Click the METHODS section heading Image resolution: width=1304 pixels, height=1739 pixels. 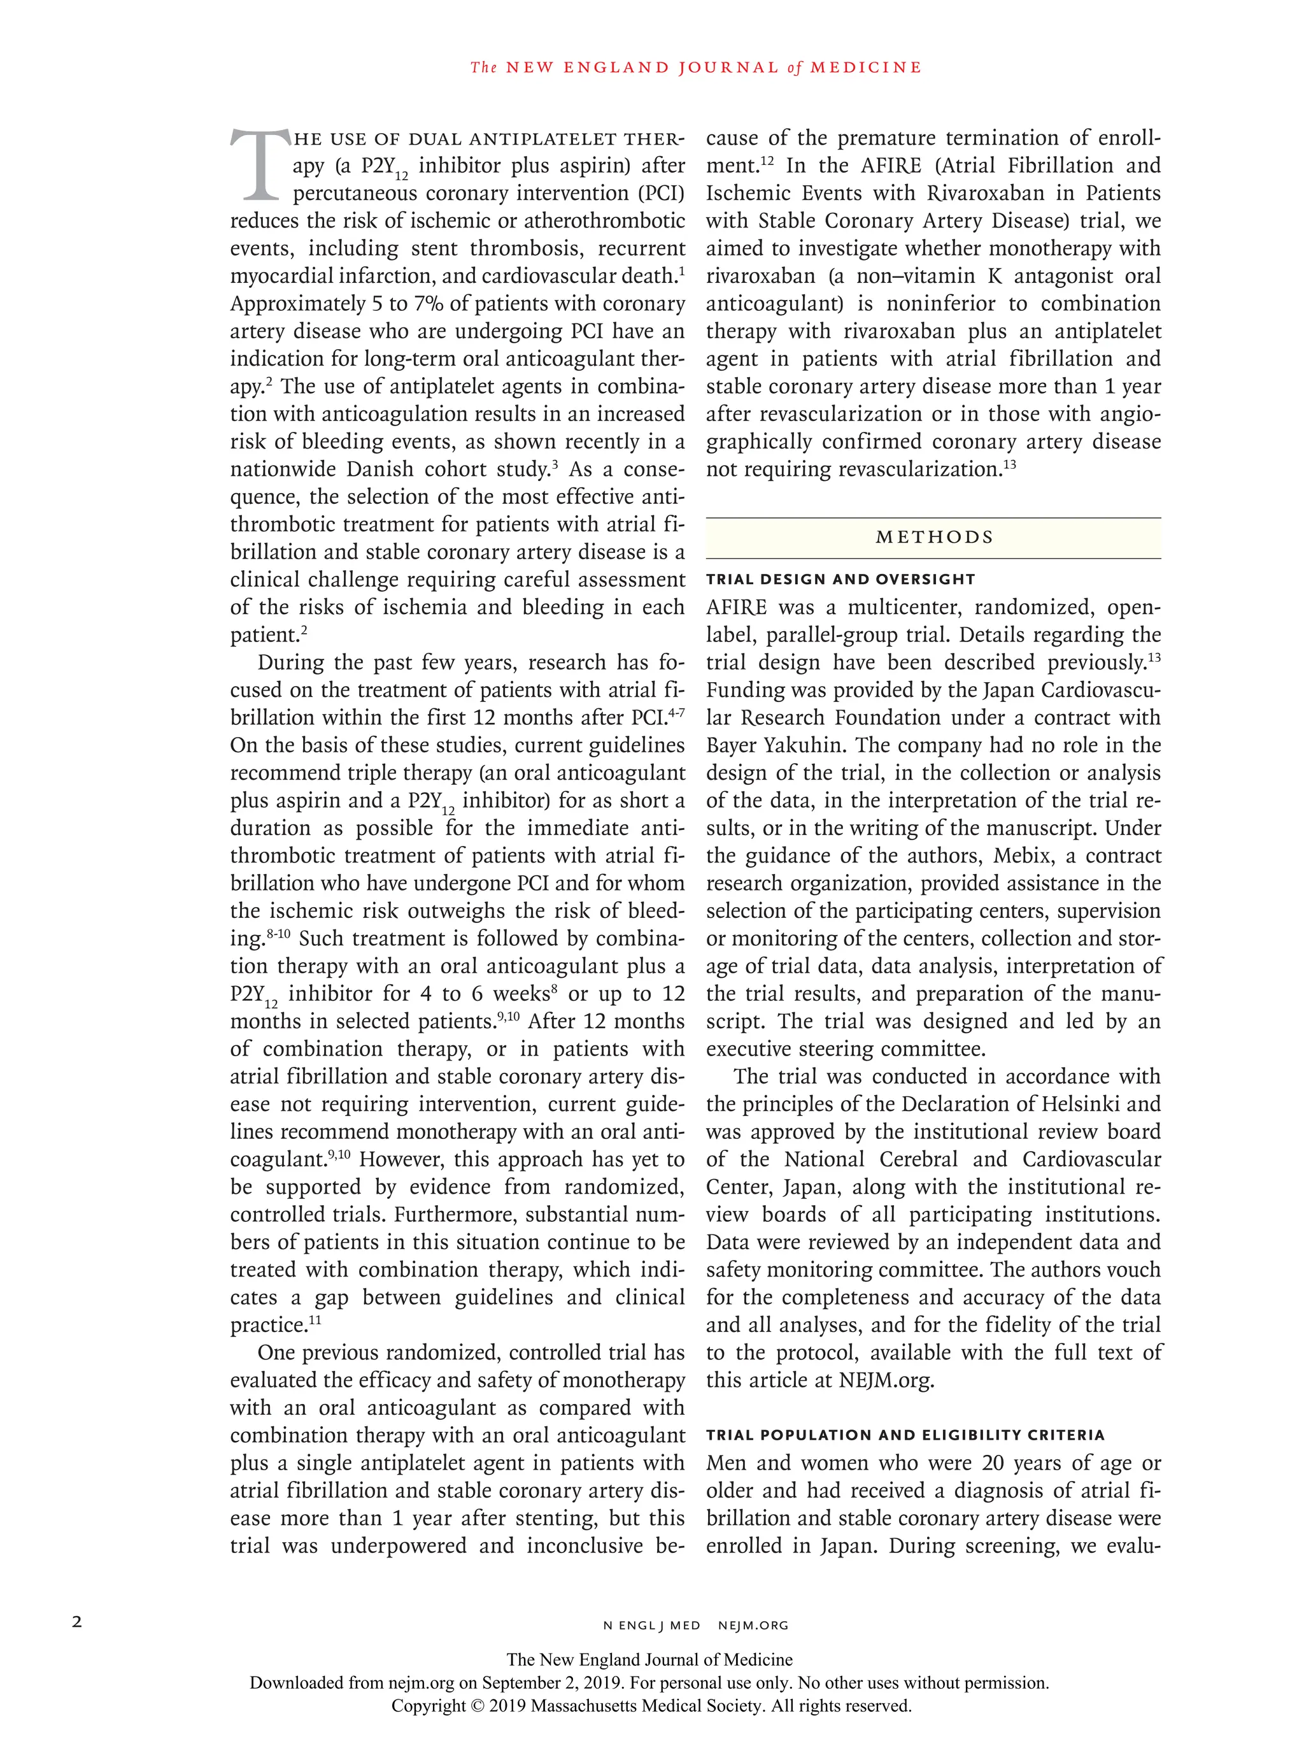point(934,537)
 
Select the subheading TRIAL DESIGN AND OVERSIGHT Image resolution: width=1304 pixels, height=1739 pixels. point(840,580)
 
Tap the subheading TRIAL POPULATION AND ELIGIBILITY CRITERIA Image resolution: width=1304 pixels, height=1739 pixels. point(905,1435)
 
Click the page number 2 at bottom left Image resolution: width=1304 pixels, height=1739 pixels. point(77,1621)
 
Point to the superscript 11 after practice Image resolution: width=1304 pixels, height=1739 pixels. point(315,1320)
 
